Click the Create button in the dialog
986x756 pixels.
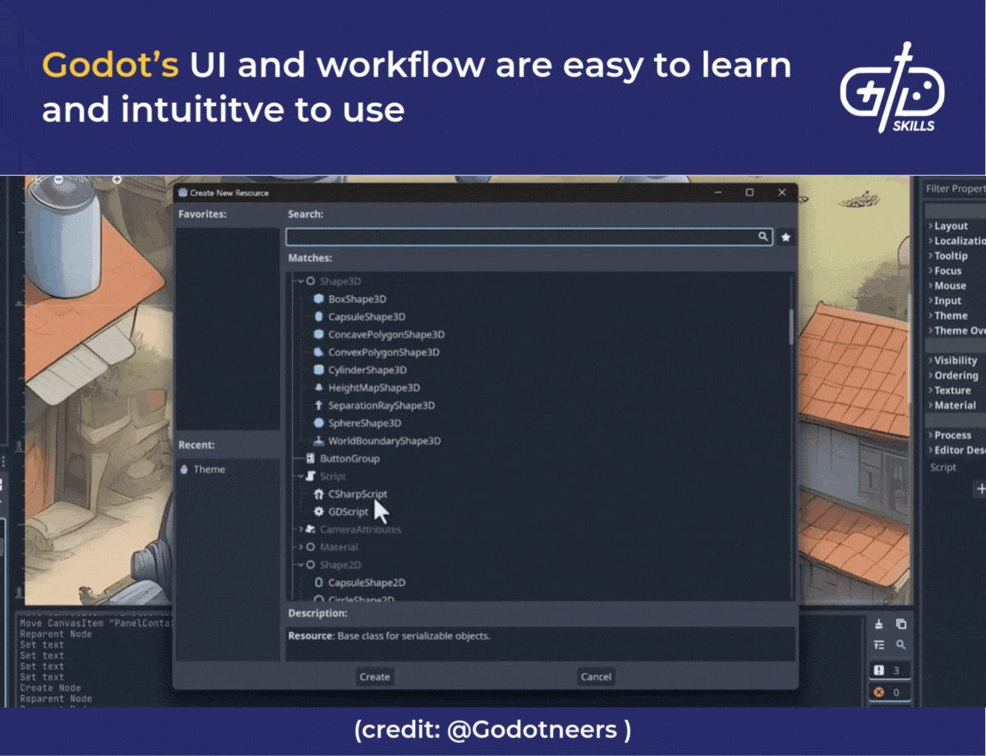point(375,676)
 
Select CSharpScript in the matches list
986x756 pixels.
point(357,494)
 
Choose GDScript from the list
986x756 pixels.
point(348,512)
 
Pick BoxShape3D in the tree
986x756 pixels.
point(357,299)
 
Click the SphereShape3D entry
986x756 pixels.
point(364,423)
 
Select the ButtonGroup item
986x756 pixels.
point(349,459)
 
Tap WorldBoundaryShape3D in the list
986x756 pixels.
point(384,440)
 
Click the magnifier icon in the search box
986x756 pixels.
point(763,237)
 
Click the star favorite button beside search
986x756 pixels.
point(786,237)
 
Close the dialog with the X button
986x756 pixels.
point(781,192)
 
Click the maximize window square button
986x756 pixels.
point(749,192)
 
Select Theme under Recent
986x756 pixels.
point(209,469)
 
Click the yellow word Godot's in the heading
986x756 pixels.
point(110,65)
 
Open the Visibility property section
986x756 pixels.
point(955,360)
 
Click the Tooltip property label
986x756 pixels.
point(951,256)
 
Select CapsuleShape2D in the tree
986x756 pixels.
point(366,583)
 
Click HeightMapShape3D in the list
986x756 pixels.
point(374,388)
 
